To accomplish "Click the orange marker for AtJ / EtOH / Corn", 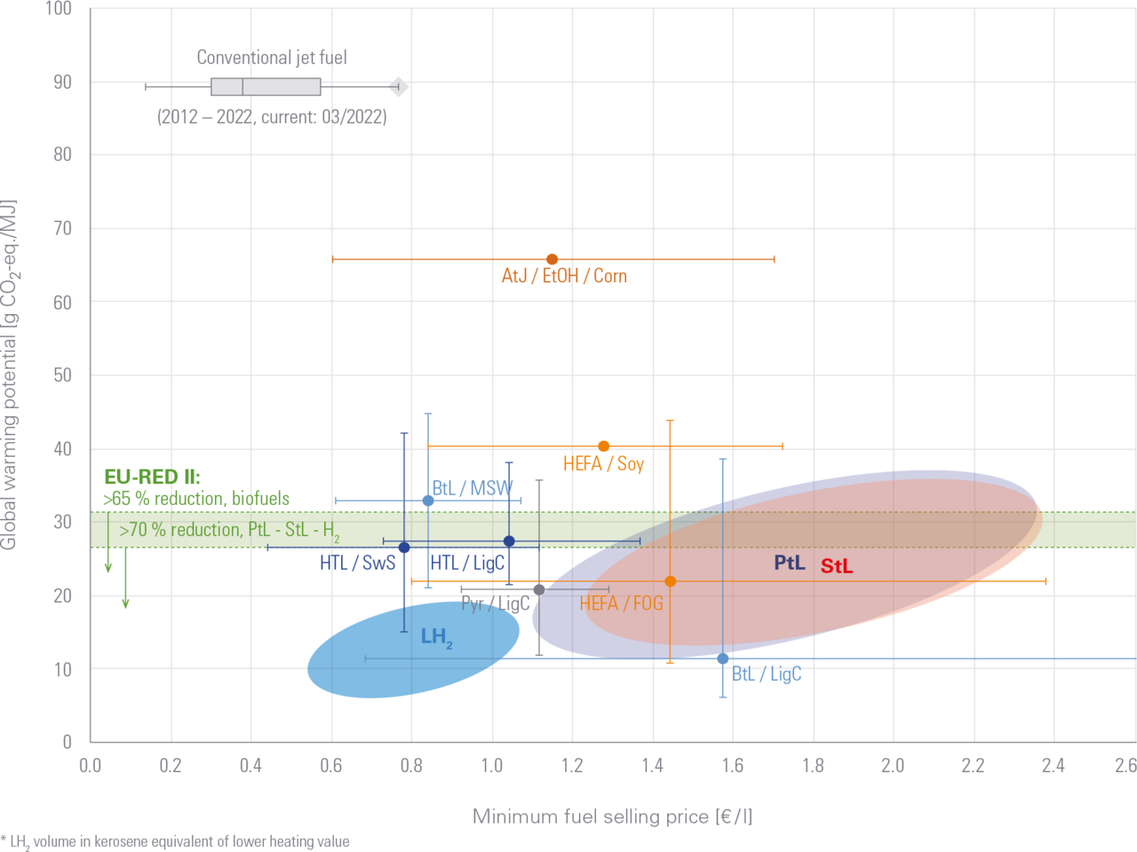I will pyautogui.click(x=552, y=259).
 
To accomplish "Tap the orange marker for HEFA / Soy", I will pyautogui.click(x=604, y=446).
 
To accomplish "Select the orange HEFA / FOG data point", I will pyautogui.click(x=670, y=581).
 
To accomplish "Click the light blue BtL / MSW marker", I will pyautogui.click(x=428, y=501).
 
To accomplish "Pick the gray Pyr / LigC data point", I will pyautogui.click(x=539, y=589).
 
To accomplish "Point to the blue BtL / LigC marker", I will pyautogui.click(x=723, y=659).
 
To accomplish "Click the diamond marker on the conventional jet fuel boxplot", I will pyautogui.click(x=399, y=86).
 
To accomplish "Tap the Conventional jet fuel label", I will pyautogui.click(x=272, y=58).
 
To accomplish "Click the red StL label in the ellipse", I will pyautogui.click(x=836, y=565).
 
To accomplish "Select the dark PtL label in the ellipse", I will pyautogui.click(x=789, y=563).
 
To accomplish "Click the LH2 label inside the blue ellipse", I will pyautogui.click(x=436, y=636).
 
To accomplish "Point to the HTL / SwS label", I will pyautogui.click(x=357, y=562).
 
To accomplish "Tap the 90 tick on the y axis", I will pyautogui.click(x=62, y=82).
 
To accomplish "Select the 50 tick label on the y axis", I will pyautogui.click(x=62, y=375).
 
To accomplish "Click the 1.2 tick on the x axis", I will pyautogui.click(x=572, y=765).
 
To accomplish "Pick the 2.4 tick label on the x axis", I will pyautogui.click(x=1054, y=765).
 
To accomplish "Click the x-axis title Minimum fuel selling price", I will pyautogui.click(x=612, y=816).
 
